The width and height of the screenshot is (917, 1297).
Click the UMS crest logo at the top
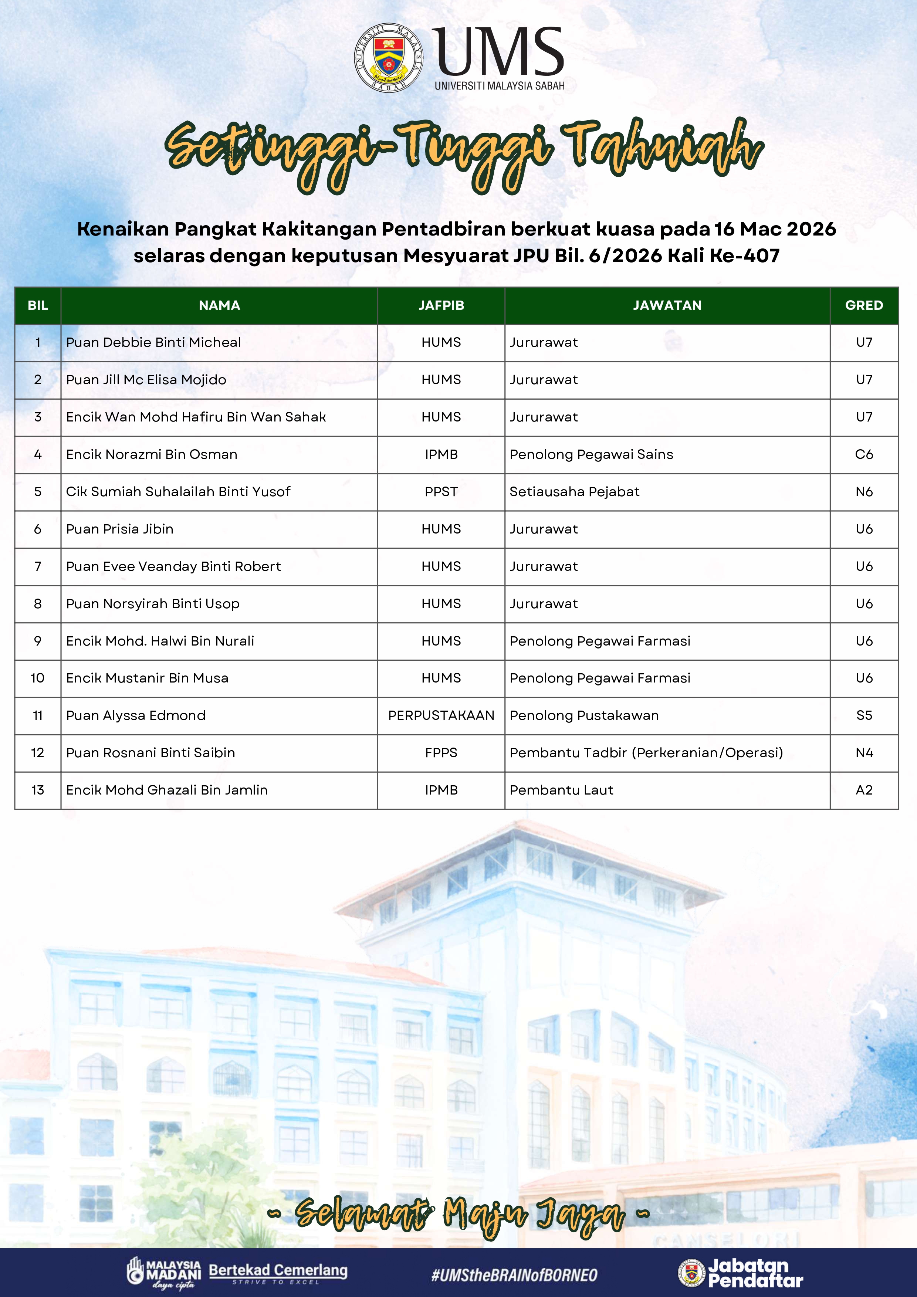[x=389, y=58]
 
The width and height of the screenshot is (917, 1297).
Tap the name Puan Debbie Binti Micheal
[x=153, y=342]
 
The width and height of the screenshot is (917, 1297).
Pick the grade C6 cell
[x=864, y=454]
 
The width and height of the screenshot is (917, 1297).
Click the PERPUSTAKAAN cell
[x=441, y=715]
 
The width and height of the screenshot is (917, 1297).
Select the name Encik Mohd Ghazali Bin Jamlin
[x=167, y=790]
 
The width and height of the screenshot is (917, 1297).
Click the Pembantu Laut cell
[x=561, y=790]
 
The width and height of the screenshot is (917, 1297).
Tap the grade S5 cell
[x=864, y=715]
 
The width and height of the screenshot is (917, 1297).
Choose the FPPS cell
[x=441, y=752]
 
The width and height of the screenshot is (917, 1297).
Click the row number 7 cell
[x=38, y=566]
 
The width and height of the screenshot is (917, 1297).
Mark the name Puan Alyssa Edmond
[x=136, y=715]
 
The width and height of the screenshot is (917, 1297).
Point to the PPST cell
[x=441, y=491]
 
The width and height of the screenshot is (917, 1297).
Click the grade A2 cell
[x=864, y=790]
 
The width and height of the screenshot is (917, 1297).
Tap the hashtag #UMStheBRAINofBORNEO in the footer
[x=514, y=1274]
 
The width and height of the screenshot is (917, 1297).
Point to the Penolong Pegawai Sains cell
[x=591, y=454]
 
